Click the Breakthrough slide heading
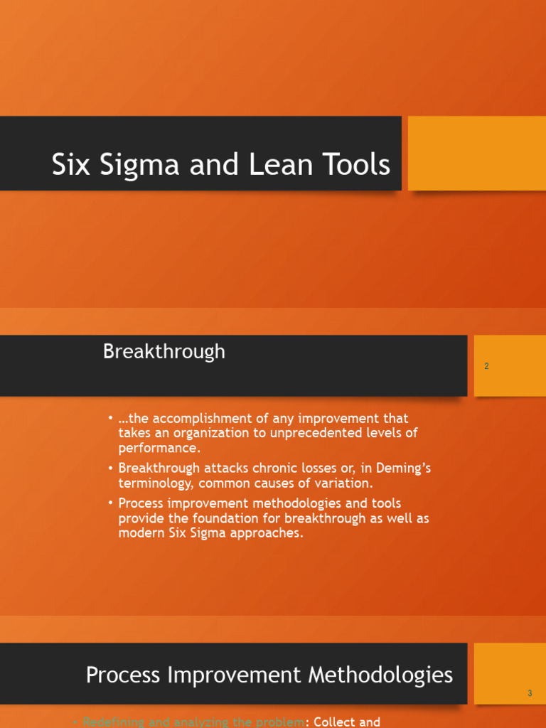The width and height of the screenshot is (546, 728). (x=164, y=352)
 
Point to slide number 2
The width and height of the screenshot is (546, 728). (x=486, y=366)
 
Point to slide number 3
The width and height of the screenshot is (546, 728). (x=530, y=693)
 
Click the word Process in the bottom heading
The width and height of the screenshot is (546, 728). (x=122, y=675)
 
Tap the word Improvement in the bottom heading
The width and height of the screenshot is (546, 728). (x=230, y=675)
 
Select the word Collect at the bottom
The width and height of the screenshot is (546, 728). (x=336, y=722)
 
